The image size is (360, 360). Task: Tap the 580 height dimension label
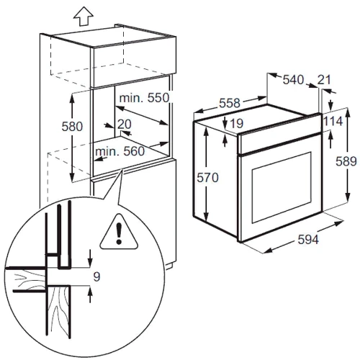point(72,127)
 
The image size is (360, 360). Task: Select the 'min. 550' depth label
point(145,98)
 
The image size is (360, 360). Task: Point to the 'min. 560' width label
point(120,151)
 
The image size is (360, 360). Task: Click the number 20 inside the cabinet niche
point(125,124)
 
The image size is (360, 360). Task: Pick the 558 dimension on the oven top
point(230,103)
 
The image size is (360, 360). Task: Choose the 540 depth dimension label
point(293,80)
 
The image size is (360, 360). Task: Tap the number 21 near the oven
point(324,80)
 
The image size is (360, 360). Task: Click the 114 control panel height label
point(333,121)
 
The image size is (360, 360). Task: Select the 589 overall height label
point(346,161)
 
